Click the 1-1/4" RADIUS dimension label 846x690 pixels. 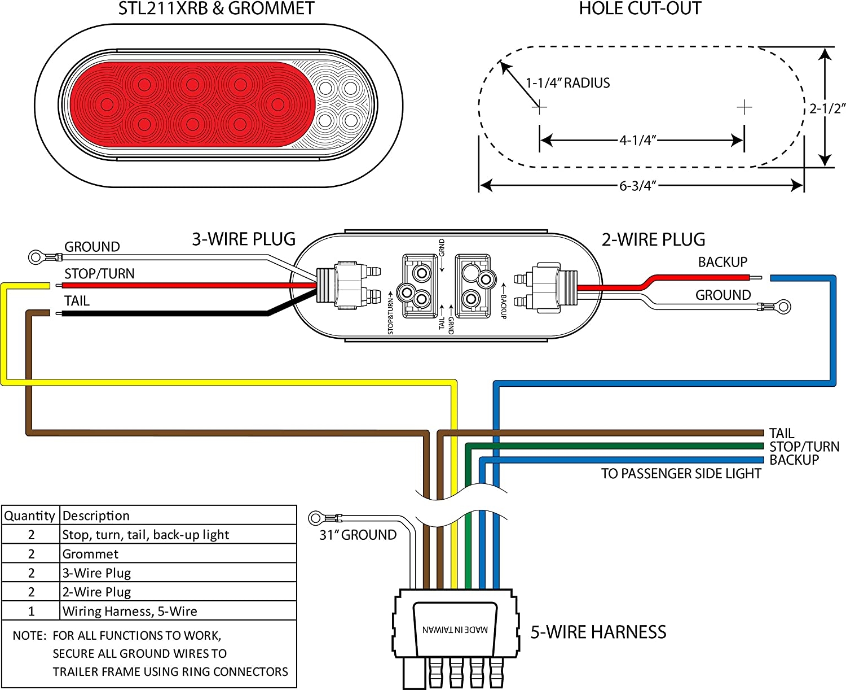coord(567,83)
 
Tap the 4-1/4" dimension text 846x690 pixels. coord(638,140)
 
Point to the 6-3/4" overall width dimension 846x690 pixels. coord(638,186)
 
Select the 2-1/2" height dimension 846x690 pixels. coord(827,108)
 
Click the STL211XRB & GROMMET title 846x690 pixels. coord(216,8)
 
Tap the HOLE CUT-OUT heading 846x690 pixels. coord(640,8)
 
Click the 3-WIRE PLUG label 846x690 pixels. coord(244,239)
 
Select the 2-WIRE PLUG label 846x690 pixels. coord(653,239)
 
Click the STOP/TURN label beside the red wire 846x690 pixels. coord(99,274)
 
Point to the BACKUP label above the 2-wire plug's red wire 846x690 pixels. coord(722,262)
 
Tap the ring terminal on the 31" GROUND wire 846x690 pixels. coord(316,517)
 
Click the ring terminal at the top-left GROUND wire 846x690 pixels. coord(36,257)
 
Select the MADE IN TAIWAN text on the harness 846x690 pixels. coord(455,630)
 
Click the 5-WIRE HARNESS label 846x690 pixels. coord(598,632)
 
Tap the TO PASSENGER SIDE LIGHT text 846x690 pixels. coord(681,474)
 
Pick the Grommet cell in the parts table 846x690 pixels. coord(90,554)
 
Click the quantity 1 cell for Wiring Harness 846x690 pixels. coord(31,611)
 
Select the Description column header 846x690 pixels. coord(96,516)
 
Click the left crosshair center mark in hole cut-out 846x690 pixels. coord(540,106)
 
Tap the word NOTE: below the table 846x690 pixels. coord(29,636)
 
